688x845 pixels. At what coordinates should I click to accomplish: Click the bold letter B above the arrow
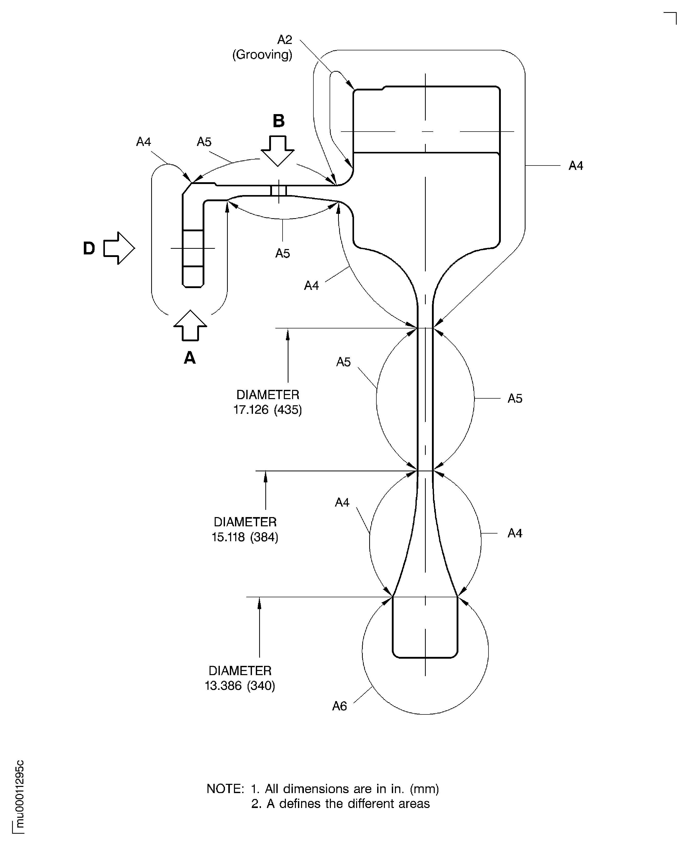point(279,121)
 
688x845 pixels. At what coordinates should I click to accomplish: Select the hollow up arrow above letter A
point(190,325)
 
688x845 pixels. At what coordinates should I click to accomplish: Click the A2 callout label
point(285,40)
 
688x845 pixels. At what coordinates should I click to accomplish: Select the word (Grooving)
point(262,55)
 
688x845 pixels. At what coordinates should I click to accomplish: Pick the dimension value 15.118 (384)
point(245,537)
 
